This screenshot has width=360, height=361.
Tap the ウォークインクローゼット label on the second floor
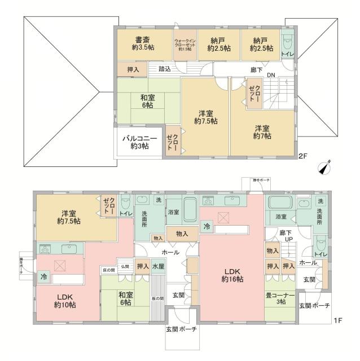pos(185,45)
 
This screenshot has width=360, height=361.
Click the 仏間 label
pos(124,266)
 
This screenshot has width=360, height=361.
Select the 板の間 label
pos(158,298)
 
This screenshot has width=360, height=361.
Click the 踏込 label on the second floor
pos(165,69)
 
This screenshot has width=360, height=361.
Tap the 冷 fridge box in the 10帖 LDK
pos(43,276)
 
